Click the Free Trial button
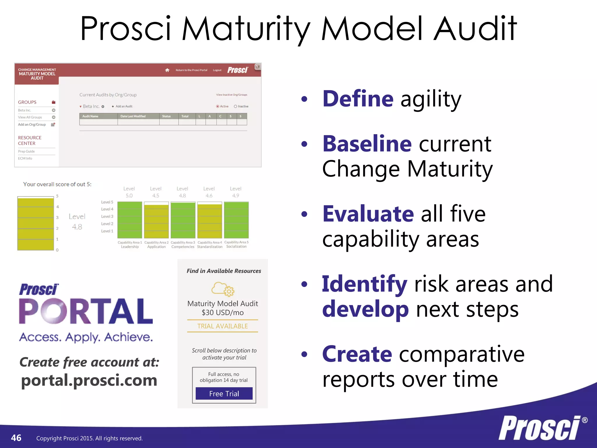pos(224,393)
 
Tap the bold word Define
pos(358,99)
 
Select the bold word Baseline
pos(367,144)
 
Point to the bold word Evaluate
pos(368,214)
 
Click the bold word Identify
pos(364,284)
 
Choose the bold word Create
pos(357,354)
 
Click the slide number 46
pos(16,438)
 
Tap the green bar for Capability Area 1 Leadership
pos(130,220)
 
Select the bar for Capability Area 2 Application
pos(157,221)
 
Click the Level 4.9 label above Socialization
pos(236,192)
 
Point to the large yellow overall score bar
pos(36,223)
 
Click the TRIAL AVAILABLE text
pos(222,326)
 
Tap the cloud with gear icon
pos(223,289)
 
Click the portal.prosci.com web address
pos(89,380)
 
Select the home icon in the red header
pos(167,70)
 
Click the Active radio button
pos(217,106)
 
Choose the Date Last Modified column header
pos(133,116)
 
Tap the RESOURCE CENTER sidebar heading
pos(30,140)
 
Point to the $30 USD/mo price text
pos(222,313)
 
